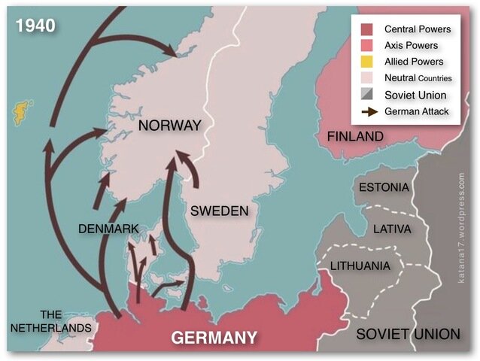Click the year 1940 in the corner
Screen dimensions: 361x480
(x=35, y=25)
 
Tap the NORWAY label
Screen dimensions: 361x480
(x=170, y=126)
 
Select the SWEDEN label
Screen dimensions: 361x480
(x=219, y=211)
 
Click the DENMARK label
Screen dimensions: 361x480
(x=108, y=227)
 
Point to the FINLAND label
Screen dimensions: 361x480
(x=354, y=137)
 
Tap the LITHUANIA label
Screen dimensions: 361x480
(x=360, y=266)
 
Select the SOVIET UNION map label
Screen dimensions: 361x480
(x=407, y=333)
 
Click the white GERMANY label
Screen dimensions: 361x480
(x=214, y=337)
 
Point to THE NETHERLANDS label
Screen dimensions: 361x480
(x=50, y=321)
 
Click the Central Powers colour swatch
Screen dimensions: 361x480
(x=366, y=29)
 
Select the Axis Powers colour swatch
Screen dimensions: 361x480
(x=366, y=46)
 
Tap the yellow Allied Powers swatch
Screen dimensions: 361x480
(x=366, y=62)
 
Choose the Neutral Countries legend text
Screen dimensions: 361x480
(x=418, y=78)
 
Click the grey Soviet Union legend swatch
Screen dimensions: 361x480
(x=366, y=95)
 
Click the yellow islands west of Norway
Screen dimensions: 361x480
(x=17, y=112)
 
